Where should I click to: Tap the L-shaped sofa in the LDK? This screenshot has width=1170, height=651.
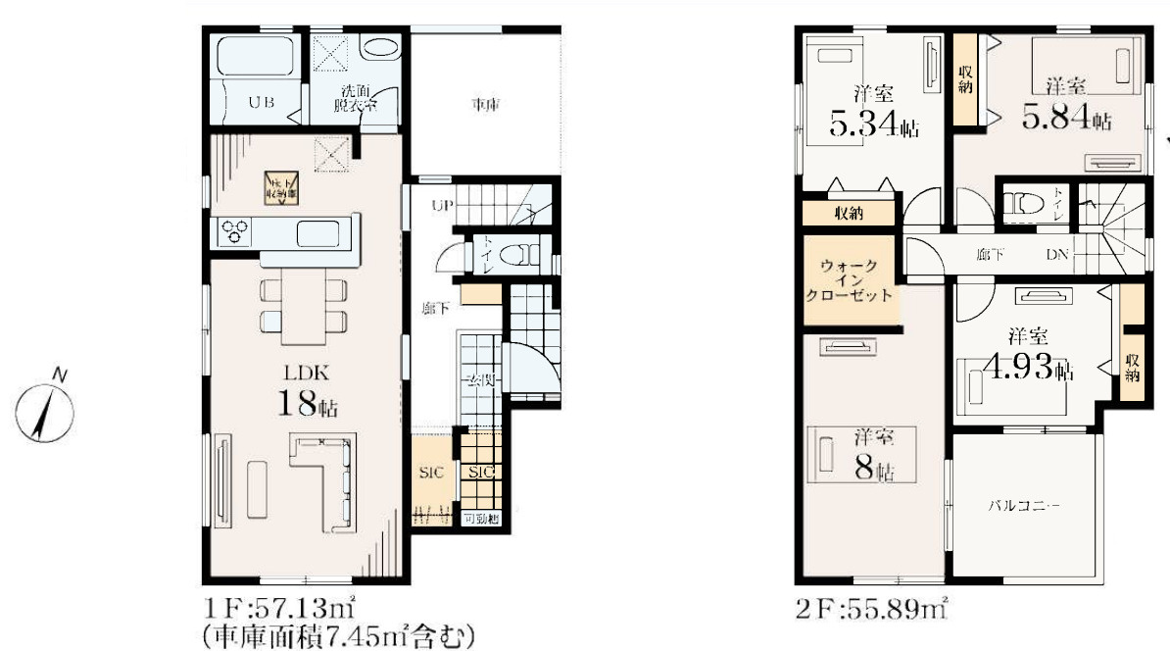(324, 476)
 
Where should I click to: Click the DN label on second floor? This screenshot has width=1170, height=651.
(1056, 254)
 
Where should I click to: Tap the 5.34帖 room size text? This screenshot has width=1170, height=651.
(874, 116)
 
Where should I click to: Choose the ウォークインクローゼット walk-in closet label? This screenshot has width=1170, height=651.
(849, 279)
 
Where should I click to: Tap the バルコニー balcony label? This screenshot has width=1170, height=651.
(1023, 505)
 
